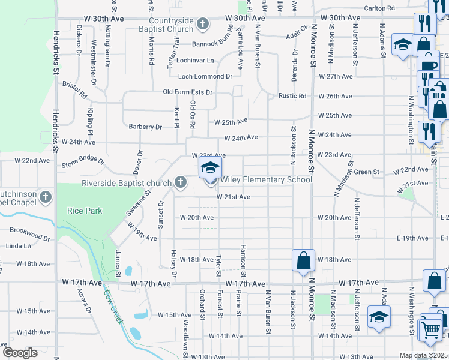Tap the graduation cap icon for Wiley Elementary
210,167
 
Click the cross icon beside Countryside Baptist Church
203,25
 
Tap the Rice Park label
85,211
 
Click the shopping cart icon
431,329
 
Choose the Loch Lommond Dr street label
205,76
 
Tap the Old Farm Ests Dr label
188,92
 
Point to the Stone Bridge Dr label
83,162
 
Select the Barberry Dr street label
145,127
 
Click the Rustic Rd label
292,96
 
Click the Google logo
20,353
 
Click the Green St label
363,172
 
